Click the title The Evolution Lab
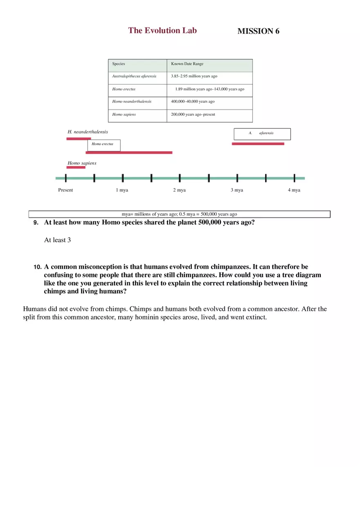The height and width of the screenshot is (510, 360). [x=162, y=31]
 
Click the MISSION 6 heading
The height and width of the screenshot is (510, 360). [x=258, y=31]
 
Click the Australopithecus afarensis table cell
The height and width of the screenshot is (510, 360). [x=137, y=76]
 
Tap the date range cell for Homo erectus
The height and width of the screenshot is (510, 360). [x=209, y=89]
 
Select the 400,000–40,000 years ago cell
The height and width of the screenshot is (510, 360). [x=209, y=102]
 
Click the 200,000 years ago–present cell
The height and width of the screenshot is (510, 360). [x=209, y=115]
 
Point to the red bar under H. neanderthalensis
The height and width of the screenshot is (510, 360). [x=79, y=139]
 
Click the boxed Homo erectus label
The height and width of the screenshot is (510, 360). [x=103, y=145]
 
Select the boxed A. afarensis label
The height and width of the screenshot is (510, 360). [x=262, y=134]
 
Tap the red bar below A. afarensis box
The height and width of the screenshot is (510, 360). [x=258, y=144]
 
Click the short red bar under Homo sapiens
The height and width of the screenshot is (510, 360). [x=76, y=167]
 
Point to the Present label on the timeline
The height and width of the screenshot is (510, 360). [x=65, y=190]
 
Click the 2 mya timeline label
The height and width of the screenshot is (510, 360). [x=179, y=190]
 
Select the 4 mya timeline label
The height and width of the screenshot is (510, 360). [x=294, y=190]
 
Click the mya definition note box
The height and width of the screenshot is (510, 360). [x=179, y=214]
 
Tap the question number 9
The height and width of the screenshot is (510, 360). [x=36, y=223]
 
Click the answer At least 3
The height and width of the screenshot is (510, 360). [x=57, y=240]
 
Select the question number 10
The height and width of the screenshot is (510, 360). [x=37, y=267]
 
